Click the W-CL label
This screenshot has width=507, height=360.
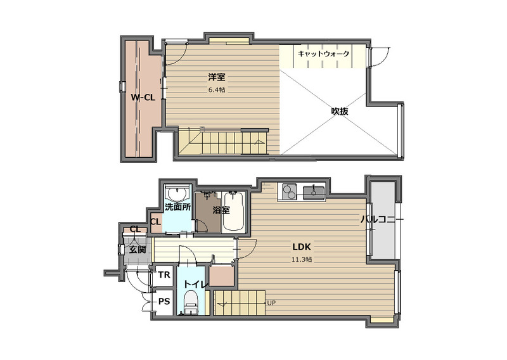[x=143, y=98]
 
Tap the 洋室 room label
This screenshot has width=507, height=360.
[x=217, y=77]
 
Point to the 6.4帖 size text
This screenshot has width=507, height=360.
[x=217, y=90]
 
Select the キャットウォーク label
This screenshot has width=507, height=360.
[x=323, y=54]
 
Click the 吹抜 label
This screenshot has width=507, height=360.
[x=340, y=112]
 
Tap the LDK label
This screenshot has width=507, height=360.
[x=302, y=247]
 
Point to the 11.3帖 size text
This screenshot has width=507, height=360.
[x=302, y=259]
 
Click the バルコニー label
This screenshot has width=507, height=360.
[x=382, y=220]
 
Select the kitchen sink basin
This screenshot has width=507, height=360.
[x=314, y=191]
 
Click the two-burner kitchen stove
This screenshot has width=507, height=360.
[x=290, y=191]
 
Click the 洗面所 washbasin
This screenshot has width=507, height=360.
[x=176, y=194]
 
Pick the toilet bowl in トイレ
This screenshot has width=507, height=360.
[x=191, y=302]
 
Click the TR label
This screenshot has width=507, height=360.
[x=164, y=275]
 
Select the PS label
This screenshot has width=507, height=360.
[x=164, y=302]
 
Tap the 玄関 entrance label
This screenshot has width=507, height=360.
[x=138, y=250]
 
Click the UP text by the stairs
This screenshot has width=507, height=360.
[x=272, y=303]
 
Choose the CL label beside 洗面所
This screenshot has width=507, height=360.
[x=155, y=222]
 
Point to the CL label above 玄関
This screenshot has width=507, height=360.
[x=136, y=229]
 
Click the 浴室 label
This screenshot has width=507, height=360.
[x=221, y=210]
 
